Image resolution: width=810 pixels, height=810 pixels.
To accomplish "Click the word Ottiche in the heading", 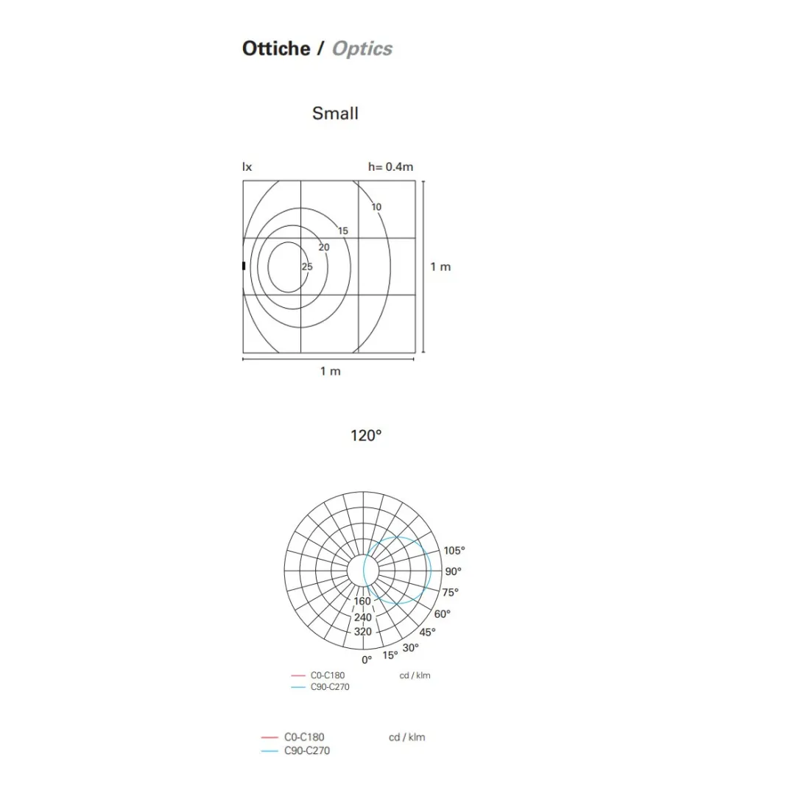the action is [276, 49].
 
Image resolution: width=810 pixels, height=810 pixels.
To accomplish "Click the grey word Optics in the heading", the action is [362, 49].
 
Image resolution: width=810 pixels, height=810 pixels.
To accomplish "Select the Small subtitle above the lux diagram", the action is [335, 113].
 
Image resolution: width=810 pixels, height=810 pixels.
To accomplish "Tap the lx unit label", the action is [247, 167].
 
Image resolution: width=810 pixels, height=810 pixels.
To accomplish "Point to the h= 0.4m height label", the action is [390, 167].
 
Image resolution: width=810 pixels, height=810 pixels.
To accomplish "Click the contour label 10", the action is [376, 207].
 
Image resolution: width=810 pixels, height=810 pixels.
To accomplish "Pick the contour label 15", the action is [343, 231].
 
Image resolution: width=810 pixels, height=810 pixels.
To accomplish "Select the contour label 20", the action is [324, 247].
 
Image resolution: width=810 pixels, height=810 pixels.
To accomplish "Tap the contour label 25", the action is [307, 267].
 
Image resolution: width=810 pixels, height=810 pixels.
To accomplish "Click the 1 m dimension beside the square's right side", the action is [440, 267].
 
